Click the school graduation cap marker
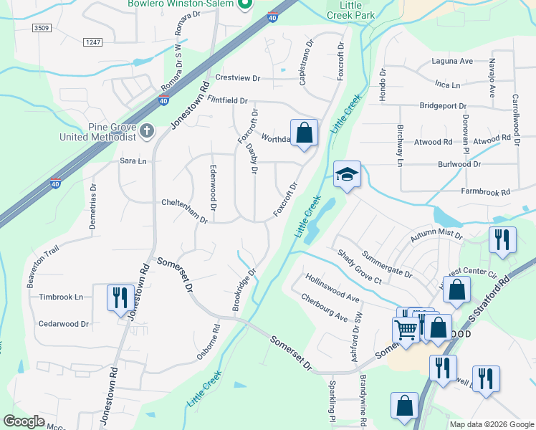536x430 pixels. [x=347, y=174]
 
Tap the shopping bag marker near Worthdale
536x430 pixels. [x=304, y=133]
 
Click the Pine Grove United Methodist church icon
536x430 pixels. [x=147, y=130]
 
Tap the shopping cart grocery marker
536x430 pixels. [x=405, y=330]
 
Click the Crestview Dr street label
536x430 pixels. [x=237, y=77]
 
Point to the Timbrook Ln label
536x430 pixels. [x=61, y=297]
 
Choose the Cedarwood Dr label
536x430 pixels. [x=64, y=324]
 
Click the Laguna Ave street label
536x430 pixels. [x=452, y=62]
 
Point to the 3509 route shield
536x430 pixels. [x=43, y=29]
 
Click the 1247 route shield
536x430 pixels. [x=93, y=43]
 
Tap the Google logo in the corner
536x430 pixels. [x=24, y=421]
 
